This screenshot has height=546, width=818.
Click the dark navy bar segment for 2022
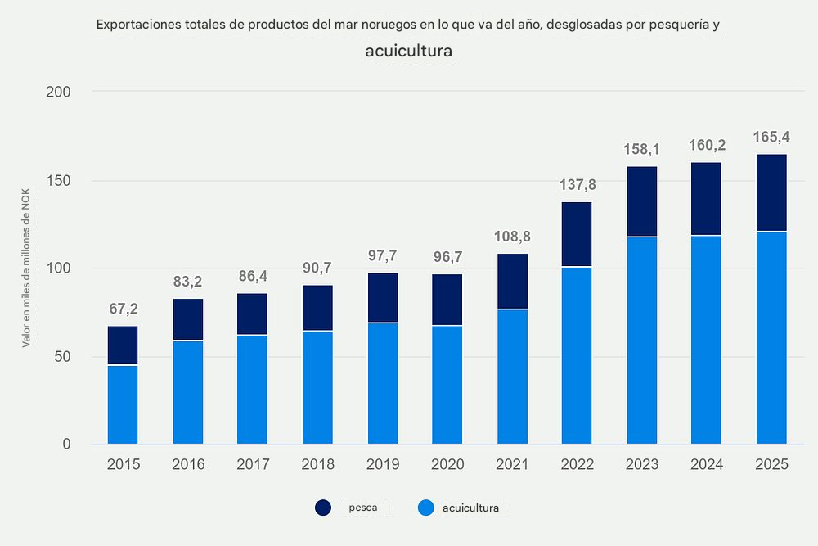coord(577,234)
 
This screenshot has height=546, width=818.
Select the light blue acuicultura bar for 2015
coord(123,404)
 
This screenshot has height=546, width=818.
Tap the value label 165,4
coord(771,136)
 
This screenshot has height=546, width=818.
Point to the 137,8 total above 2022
coord(577,184)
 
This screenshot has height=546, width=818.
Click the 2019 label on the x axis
coord(383,464)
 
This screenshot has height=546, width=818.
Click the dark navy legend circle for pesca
coord(323,508)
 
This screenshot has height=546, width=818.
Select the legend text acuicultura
coord(470,508)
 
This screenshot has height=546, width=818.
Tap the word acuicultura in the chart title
coord(409,51)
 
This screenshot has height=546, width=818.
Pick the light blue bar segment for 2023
coord(641,340)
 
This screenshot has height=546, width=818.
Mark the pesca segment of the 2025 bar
coord(771,193)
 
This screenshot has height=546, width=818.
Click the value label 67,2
coord(123,309)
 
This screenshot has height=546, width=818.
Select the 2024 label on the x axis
coord(706,464)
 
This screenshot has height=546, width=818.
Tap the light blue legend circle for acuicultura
coord(425,508)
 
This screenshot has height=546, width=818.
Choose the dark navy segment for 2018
coord(317,308)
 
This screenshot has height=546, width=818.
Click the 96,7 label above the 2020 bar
coord(447,256)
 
